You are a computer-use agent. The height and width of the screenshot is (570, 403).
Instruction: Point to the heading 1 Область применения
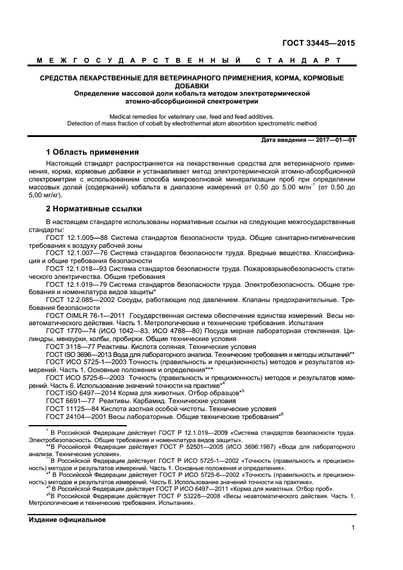coord(92,152)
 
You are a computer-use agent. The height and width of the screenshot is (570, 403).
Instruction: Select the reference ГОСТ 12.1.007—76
coord(77,252)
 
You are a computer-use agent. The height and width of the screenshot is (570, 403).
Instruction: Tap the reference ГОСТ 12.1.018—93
coord(77,267)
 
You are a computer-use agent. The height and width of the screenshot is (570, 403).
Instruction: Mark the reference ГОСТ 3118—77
coord(68,346)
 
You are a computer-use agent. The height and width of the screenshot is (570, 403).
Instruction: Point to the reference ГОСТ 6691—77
coord(68,401)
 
